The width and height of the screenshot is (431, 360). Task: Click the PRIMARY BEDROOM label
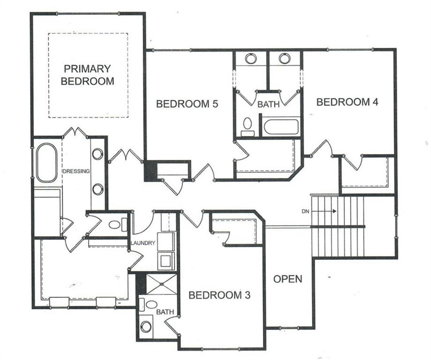pos(87,75)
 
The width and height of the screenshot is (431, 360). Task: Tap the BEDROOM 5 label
pos(187,104)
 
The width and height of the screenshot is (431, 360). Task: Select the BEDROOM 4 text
pos(347,102)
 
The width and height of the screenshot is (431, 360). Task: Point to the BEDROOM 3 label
pos(219,295)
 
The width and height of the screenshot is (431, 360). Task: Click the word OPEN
pos(288,279)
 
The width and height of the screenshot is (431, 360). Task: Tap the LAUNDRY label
pos(143,243)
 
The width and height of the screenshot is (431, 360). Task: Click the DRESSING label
pos(77,171)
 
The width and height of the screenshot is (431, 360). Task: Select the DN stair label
pos(305,211)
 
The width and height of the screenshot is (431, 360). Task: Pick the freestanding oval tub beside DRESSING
pos(47,163)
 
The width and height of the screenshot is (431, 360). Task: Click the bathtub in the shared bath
pos(281,127)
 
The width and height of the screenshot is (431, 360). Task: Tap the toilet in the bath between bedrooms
pos(248,127)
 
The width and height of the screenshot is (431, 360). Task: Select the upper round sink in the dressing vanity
pos(98,154)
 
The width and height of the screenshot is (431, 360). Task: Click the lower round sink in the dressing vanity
pos(98,189)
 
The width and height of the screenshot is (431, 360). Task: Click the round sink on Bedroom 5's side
pos(251,58)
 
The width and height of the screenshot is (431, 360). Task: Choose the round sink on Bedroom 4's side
pos(285,58)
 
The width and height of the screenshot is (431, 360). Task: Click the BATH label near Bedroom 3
pos(165,312)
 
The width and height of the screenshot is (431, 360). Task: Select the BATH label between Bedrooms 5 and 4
pos(268,105)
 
